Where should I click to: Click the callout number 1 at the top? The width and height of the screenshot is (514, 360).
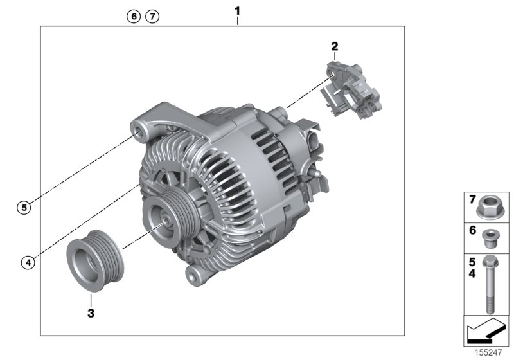tap(238, 11)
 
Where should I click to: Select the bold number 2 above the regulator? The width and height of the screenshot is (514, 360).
tap(334, 46)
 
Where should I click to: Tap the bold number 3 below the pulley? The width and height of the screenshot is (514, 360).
tap(91, 313)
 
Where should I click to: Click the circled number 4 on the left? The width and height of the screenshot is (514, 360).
tap(26, 262)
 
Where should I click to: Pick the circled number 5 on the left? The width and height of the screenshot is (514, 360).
tap(23, 207)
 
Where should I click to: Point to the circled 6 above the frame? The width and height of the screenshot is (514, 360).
tap(134, 17)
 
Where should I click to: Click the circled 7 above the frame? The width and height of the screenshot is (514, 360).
tap(152, 17)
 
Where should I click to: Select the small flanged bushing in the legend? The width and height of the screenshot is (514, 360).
tap(488, 237)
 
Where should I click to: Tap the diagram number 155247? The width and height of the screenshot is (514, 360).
tap(487, 353)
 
